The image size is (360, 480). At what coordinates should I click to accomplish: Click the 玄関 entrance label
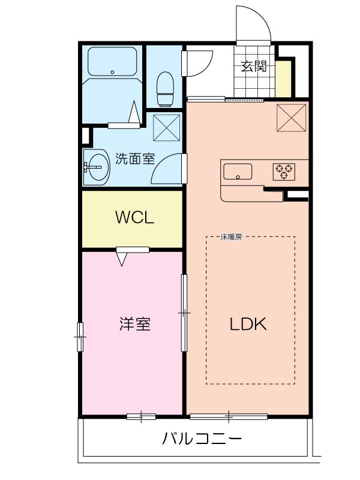(x=254, y=67)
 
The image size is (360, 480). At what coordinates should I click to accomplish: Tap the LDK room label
(x=248, y=324)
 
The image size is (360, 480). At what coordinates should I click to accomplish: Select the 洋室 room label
(x=134, y=324)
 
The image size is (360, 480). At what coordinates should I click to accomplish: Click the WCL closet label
(x=134, y=217)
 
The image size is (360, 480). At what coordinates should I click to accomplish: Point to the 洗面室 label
(x=135, y=160)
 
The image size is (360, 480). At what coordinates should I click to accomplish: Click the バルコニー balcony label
(x=203, y=439)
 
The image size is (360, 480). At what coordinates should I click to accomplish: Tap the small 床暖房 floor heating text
(x=231, y=237)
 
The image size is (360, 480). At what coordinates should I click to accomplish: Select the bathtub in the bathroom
(x=113, y=62)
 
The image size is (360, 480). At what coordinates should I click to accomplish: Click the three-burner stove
(x=284, y=172)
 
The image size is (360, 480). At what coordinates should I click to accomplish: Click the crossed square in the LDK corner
(x=292, y=116)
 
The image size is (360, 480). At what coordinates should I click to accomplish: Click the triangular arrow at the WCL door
(x=123, y=259)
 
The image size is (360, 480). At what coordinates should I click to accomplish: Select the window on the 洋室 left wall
(x=80, y=338)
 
